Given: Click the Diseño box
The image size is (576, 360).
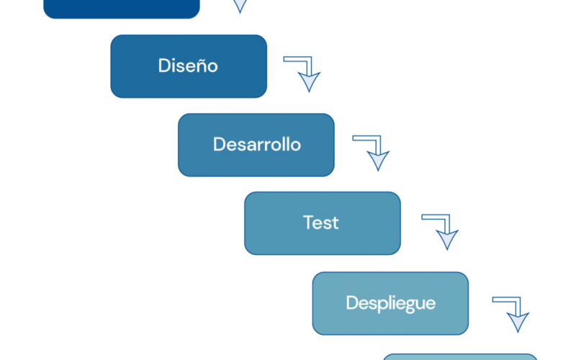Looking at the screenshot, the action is [x=189, y=66].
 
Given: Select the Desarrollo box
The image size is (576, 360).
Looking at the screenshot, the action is [x=256, y=145].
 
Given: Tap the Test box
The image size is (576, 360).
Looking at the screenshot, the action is [x=323, y=223].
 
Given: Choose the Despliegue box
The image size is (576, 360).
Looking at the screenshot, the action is [x=390, y=303].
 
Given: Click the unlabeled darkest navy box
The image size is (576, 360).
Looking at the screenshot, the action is [x=122, y=8].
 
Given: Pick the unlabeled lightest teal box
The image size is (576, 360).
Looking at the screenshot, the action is [x=460, y=356].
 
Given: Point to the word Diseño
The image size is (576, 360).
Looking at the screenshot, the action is [x=188, y=66].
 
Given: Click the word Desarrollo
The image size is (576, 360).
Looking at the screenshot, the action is [x=257, y=145].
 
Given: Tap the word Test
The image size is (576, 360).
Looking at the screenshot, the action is [x=320, y=222].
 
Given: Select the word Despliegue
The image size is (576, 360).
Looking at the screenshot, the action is [x=391, y=303].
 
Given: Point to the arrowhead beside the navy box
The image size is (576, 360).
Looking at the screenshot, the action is [x=240, y=5].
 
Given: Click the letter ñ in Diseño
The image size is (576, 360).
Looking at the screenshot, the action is [x=199, y=66].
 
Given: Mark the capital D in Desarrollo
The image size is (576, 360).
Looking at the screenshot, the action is [x=219, y=145].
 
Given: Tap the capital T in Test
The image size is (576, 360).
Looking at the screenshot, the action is [x=309, y=222].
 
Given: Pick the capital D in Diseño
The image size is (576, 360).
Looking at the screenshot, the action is [x=164, y=66].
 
